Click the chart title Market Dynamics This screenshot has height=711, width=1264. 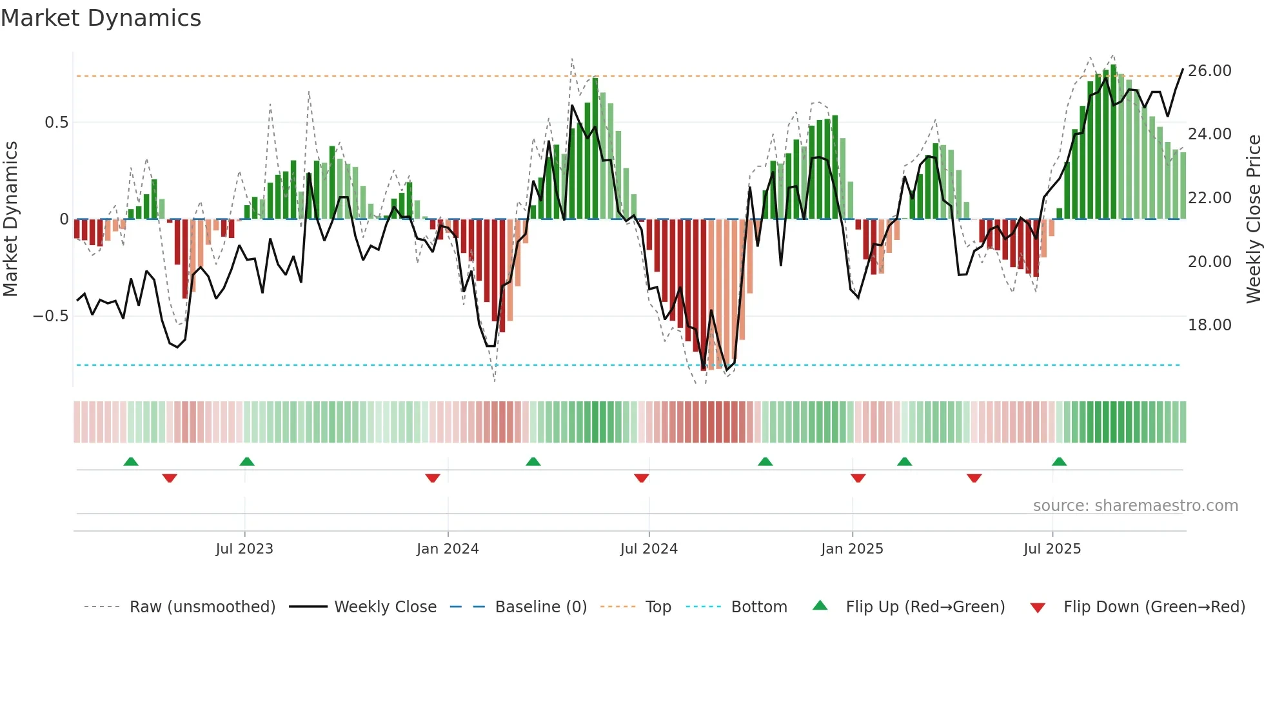[101, 18]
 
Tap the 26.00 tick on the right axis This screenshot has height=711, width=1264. [1209, 71]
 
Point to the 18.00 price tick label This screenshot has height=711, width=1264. [1209, 325]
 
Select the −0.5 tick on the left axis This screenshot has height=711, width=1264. [50, 316]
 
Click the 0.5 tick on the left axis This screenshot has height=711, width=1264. [56, 123]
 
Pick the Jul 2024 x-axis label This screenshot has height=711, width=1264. [649, 549]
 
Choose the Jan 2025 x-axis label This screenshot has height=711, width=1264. [852, 549]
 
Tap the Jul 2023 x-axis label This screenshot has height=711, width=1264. [244, 549]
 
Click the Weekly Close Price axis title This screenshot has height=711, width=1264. [1253, 219]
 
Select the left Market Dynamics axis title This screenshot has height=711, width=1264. [10, 219]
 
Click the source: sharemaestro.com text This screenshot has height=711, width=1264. [1135, 506]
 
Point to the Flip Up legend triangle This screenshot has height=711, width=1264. [820, 606]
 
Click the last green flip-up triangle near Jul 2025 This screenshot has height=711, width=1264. [1059, 462]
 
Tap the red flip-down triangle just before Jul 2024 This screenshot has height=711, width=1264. [641, 478]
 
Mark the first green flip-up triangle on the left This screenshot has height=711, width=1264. [131, 462]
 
